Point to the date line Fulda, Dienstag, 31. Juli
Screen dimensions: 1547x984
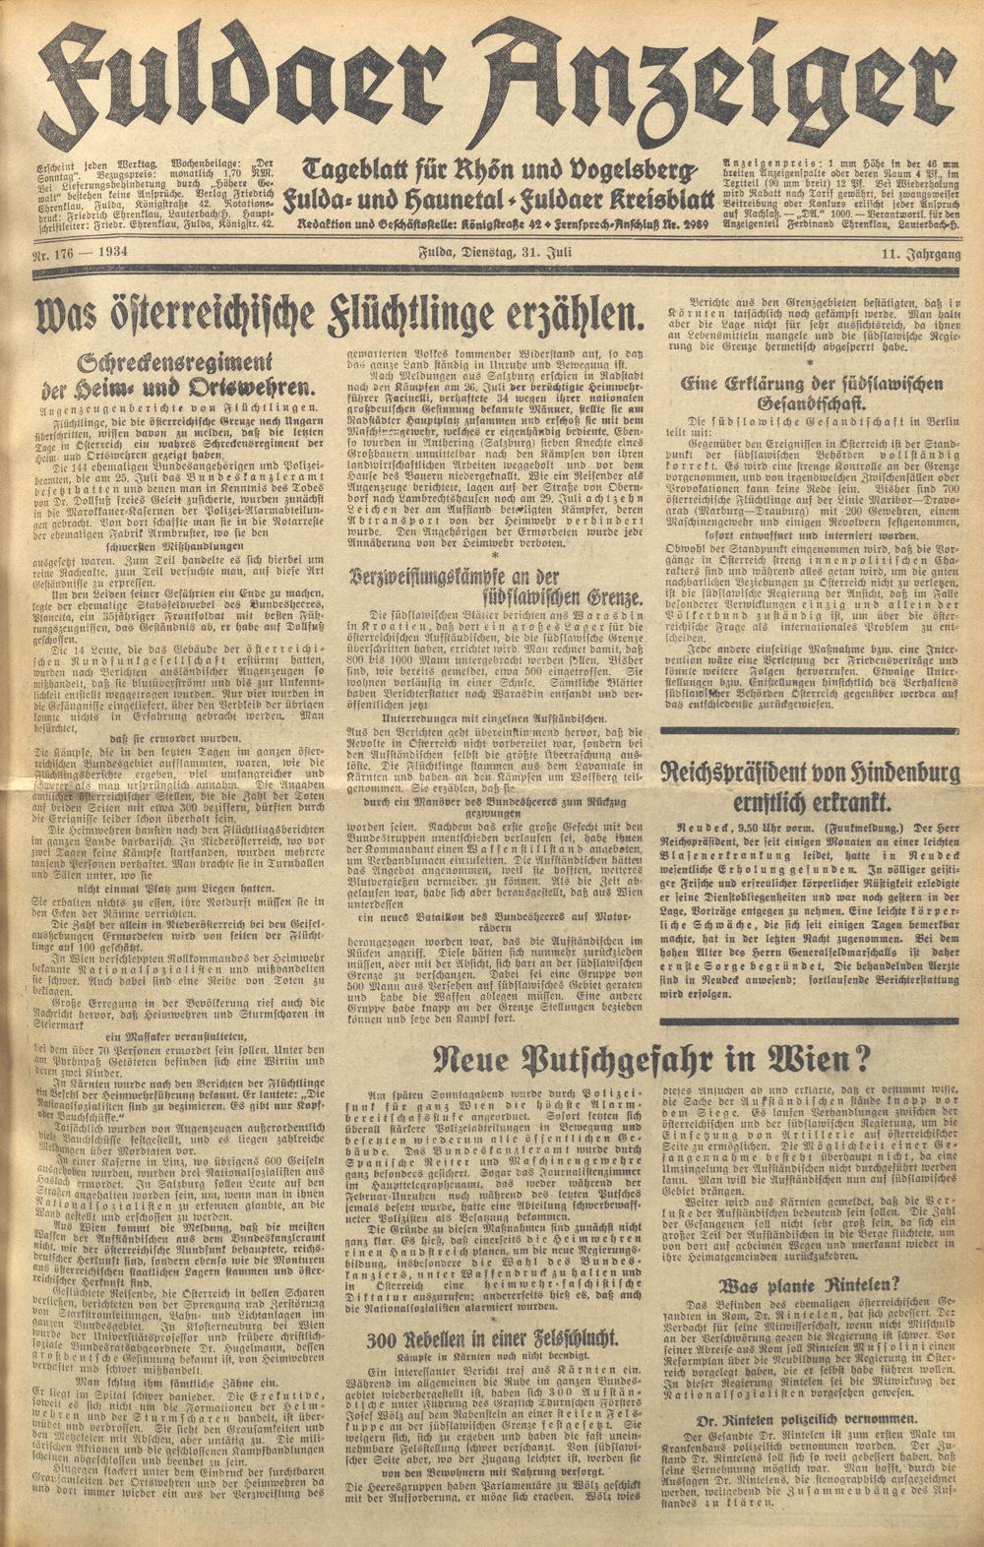point(491,256)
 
